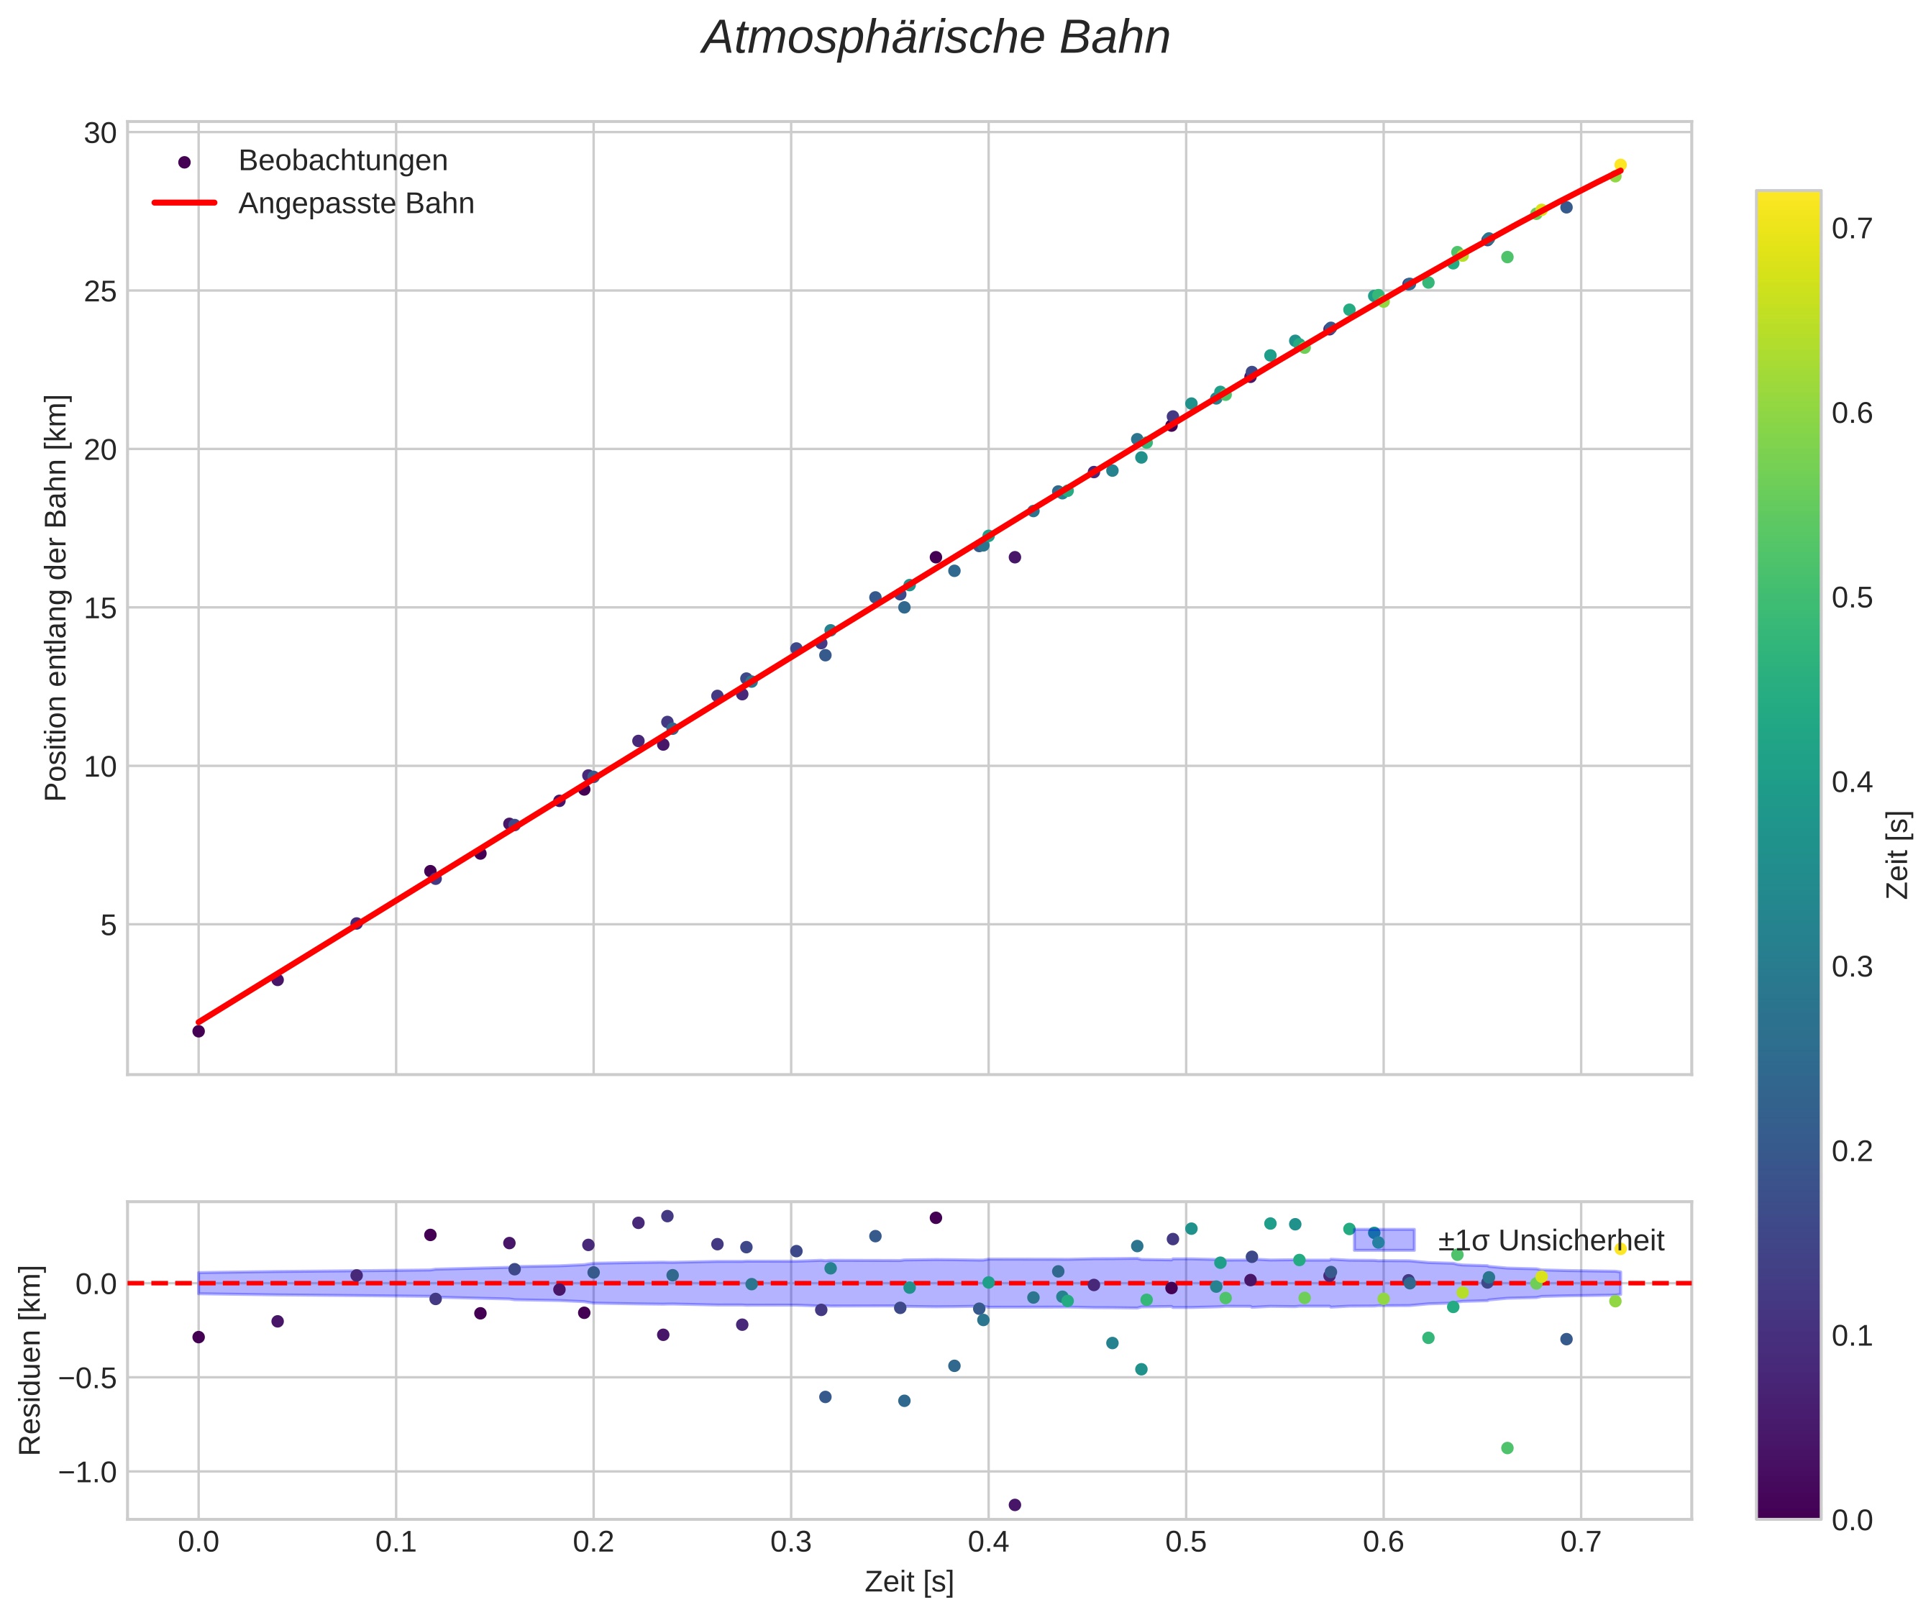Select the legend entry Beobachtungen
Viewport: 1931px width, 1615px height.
coord(343,161)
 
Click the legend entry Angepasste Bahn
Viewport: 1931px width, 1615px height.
coord(356,203)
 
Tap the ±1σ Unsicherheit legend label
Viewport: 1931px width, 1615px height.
coord(1551,1241)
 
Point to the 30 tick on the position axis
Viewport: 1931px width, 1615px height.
coord(100,133)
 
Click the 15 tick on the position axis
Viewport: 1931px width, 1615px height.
coord(100,608)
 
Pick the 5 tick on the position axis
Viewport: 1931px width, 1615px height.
coord(109,925)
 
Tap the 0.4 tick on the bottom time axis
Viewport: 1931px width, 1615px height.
coord(987,1542)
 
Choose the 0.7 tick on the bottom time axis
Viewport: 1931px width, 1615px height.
coord(1580,1542)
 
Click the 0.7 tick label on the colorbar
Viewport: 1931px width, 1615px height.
coord(1851,228)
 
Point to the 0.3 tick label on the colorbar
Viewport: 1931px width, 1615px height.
coord(1851,967)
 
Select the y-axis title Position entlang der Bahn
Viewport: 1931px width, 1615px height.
coord(56,598)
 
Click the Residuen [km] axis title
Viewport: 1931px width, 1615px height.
coord(30,1360)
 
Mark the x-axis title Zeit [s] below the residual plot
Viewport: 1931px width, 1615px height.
coord(908,1582)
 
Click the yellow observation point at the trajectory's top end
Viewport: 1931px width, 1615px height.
coord(1620,165)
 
